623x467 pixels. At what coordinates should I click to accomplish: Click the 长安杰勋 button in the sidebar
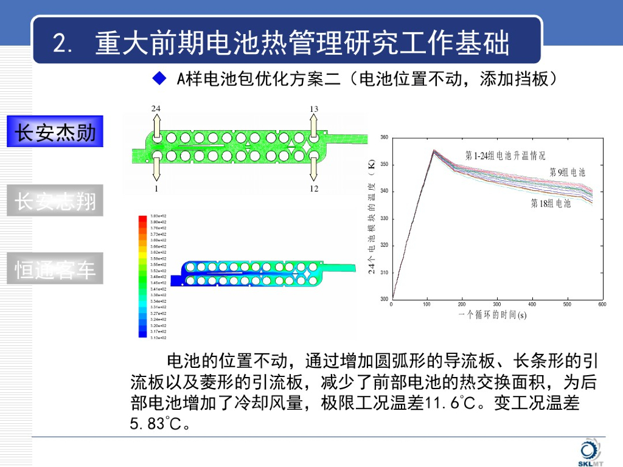pos(55,131)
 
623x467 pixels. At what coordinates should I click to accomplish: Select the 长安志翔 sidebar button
pos(55,201)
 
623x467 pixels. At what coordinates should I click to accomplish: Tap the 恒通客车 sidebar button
pos(55,269)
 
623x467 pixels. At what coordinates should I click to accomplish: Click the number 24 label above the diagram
pos(156,108)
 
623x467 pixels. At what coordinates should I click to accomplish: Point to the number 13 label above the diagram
pos(314,109)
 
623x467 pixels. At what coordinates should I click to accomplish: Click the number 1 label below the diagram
pos(156,189)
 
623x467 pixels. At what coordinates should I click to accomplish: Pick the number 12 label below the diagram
pos(314,189)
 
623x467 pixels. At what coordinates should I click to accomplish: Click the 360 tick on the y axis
pos(384,137)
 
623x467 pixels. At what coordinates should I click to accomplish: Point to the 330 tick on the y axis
pos(384,218)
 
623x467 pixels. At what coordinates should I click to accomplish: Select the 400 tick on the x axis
pos(532,304)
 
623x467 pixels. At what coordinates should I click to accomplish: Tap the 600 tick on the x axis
pos(602,304)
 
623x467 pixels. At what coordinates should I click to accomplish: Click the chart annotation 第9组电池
pos(567,172)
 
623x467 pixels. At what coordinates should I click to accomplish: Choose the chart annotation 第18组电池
pos(551,203)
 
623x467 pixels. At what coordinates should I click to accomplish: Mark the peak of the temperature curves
pos(434,150)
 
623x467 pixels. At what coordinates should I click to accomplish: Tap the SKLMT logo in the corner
pos(588,453)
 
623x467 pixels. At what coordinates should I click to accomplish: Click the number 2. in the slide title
pos(63,44)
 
